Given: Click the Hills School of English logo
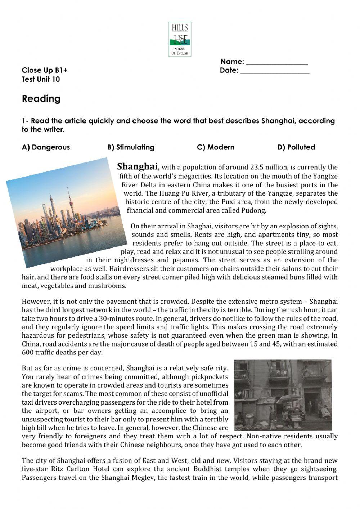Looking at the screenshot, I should coord(180,39).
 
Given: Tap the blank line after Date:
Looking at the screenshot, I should coord(275,71).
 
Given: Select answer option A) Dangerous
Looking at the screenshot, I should coord(46,147).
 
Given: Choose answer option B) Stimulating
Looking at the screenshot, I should coord(131,147).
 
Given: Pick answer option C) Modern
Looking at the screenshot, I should coord(216,147).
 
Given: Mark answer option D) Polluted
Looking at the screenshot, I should coord(296,147).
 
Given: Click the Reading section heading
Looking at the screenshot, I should coord(41,99).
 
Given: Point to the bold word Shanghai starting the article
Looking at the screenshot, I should coord(137,166).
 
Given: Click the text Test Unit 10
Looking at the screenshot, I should coord(41,80).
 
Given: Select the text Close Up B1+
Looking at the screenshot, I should coord(44,70).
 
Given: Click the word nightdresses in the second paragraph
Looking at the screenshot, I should coord(134,260).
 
